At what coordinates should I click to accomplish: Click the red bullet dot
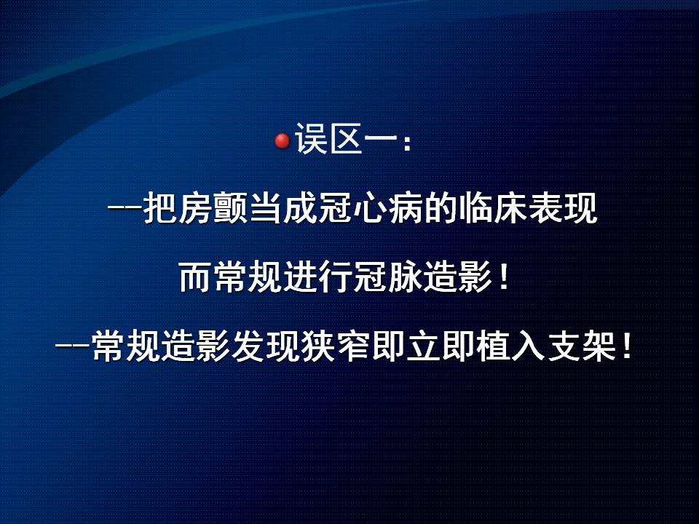[283, 140]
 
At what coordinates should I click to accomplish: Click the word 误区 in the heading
[329, 138]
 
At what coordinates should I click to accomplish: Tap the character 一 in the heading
[381, 138]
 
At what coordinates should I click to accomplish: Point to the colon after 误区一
[406, 143]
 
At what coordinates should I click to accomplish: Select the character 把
[160, 207]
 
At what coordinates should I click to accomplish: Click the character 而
[196, 277]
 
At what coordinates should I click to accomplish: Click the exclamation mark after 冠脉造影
[504, 277]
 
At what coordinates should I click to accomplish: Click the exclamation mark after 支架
[627, 346]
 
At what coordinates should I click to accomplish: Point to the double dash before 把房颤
[125, 207]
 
